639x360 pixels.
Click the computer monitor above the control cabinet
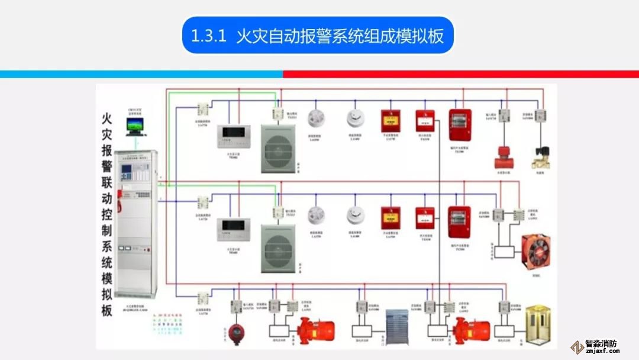click(135, 126)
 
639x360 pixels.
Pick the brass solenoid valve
click(541, 158)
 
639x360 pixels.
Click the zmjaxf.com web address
click(601, 351)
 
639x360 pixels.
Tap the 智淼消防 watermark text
click(601, 343)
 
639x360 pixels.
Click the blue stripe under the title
click(142, 75)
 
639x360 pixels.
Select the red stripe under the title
click(461, 75)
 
